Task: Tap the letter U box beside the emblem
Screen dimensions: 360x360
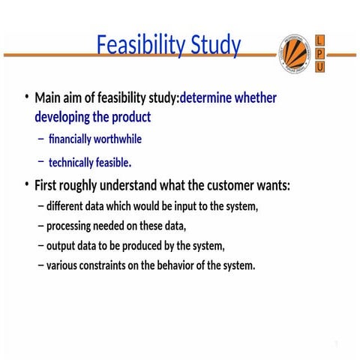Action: click(x=320, y=67)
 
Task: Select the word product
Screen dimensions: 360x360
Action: click(x=133, y=118)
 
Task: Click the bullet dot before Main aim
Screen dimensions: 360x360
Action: click(x=25, y=97)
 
